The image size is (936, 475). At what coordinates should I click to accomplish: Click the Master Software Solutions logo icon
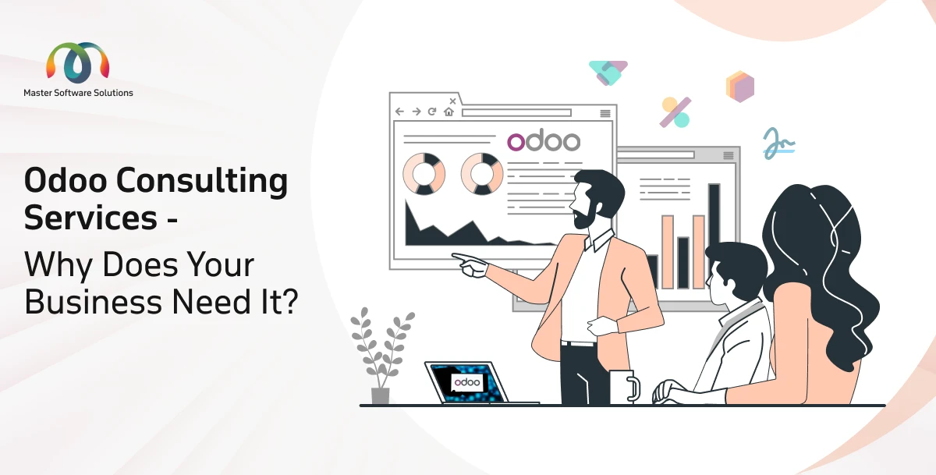point(78,62)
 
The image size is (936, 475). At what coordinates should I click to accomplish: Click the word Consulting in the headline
point(202,181)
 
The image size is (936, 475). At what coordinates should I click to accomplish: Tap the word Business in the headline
point(93,302)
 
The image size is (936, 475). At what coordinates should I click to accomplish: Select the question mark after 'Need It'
point(289,301)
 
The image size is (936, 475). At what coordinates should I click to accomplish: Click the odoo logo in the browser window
point(544,140)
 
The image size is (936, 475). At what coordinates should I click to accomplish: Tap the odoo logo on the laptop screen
point(467,382)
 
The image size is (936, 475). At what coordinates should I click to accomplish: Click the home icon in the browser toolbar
point(448,112)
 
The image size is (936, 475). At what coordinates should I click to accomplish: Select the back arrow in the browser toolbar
point(399,112)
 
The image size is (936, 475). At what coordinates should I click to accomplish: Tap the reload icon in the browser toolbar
point(432,112)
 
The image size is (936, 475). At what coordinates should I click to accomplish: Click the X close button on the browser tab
point(452,101)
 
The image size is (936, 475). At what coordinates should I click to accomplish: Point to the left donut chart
point(424,174)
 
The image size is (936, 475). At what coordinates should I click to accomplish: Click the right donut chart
point(482,174)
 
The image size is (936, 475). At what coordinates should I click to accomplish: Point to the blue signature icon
point(779,144)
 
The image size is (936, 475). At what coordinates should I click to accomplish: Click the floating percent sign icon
point(675,112)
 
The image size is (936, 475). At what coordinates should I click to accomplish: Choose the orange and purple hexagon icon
point(740,87)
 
